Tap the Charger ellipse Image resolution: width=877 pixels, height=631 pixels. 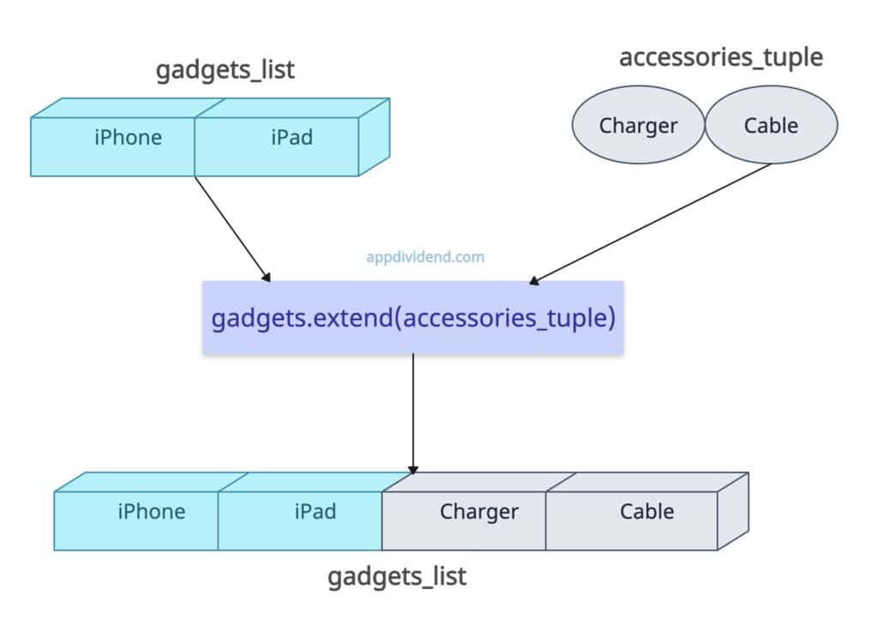click(638, 126)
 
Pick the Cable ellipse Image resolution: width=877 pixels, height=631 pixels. click(771, 126)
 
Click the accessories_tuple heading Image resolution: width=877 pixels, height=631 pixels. click(720, 57)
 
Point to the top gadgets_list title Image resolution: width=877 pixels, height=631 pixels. click(224, 70)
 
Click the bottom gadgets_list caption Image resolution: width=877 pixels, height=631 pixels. click(397, 576)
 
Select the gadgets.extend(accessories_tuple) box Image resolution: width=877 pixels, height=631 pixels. click(413, 318)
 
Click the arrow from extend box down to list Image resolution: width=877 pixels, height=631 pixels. click(413, 411)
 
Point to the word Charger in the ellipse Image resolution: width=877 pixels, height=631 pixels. click(638, 126)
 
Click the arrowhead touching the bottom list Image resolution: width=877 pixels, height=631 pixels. click(413, 469)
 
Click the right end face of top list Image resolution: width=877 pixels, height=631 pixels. click(373, 137)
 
